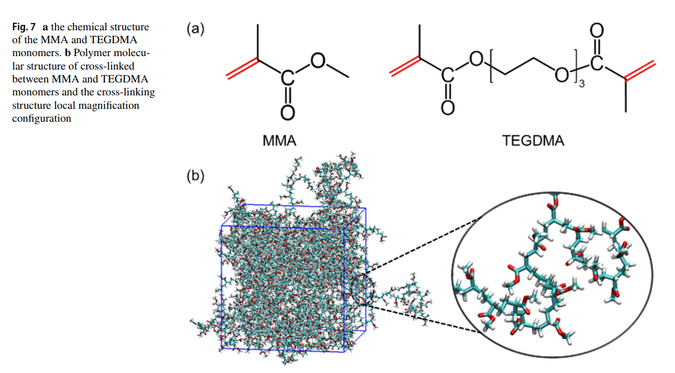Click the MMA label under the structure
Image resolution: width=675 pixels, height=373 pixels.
tap(279, 140)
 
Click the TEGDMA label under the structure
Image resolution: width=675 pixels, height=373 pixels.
tap(533, 140)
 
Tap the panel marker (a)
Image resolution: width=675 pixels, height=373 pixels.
tap(195, 28)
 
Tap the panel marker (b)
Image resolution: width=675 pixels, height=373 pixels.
tap(195, 176)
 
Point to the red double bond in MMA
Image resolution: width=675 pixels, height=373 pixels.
tap(242, 67)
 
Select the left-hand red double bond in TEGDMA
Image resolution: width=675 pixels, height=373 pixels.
tap(404, 67)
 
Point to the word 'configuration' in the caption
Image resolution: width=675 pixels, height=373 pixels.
tap(41, 118)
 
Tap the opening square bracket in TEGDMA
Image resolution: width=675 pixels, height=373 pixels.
tap(492, 70)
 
